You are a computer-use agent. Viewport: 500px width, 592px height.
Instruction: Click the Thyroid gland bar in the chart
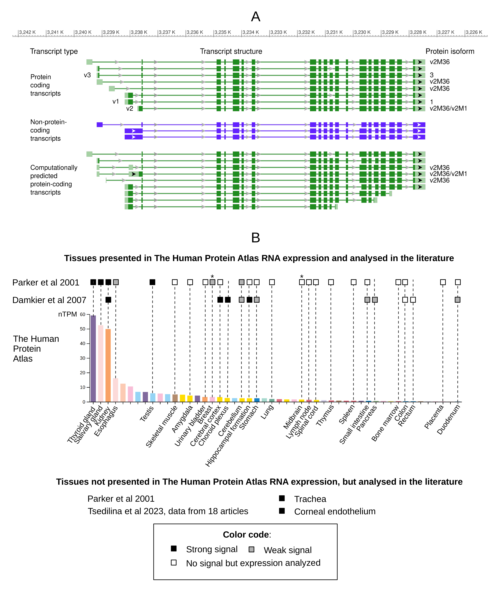click(93, 358)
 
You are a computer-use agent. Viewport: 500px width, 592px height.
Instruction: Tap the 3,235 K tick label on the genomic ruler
click(222, 32)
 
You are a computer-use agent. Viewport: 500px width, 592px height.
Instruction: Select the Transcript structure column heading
click(231, 51)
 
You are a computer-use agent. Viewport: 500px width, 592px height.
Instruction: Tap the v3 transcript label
click(87, 75)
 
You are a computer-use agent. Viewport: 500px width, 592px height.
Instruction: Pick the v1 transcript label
click(116, 101)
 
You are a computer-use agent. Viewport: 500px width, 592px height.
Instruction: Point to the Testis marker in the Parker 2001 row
click(153, 282)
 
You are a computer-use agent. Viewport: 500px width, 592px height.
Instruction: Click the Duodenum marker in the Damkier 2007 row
click(458, 300)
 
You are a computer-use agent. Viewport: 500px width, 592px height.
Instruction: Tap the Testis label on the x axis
click(147, 414)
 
